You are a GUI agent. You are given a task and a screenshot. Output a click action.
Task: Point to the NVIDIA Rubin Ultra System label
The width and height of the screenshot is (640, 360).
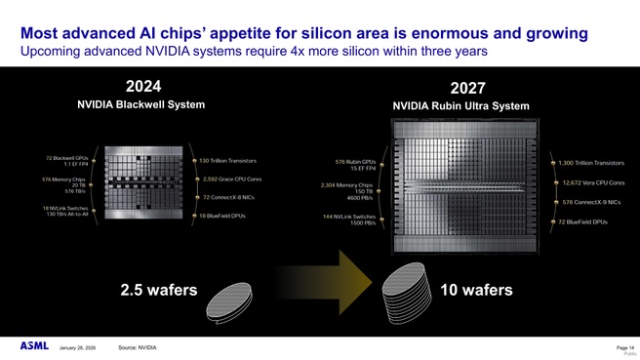pos(460,106)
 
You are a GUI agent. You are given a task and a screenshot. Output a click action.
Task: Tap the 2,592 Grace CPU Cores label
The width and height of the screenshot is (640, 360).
pos(231,179)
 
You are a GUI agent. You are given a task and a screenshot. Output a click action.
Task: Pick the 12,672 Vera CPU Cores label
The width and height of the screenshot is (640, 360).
pos(593,182)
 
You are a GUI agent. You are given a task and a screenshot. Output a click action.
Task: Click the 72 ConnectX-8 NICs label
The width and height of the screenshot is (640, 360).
pos(230,197)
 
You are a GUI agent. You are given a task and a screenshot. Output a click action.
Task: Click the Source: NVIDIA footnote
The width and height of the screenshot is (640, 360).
pos(137,347)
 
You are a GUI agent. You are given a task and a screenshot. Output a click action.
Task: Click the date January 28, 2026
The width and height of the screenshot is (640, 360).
pos(77,348)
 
